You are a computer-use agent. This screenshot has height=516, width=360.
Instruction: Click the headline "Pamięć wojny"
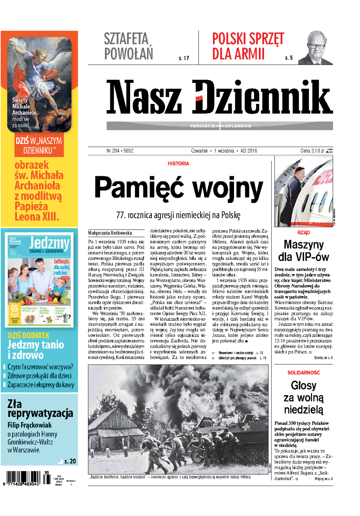[178, 188]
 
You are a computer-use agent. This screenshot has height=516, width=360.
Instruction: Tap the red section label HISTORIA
[178, 163]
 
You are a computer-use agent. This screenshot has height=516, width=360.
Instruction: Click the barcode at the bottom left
[22, 478]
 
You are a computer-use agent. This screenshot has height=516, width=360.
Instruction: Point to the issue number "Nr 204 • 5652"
[120, 151]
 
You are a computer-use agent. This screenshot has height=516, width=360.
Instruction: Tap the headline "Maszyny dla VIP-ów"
[303, 251]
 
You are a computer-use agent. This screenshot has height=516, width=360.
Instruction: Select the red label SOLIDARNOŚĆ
[303, 372]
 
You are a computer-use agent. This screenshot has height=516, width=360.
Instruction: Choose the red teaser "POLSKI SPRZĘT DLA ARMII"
[248, 46]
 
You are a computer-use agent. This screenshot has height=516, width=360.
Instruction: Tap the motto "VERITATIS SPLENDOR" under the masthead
[220, 126]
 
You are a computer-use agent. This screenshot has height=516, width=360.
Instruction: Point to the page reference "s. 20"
[70, 461]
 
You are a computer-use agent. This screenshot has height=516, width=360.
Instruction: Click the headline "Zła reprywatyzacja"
[40, 409]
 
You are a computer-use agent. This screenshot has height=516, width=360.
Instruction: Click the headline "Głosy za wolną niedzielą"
[303, 397]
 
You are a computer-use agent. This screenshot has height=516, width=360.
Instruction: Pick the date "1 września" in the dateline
[224, 151]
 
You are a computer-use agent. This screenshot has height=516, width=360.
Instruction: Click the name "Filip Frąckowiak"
[30, 425]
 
